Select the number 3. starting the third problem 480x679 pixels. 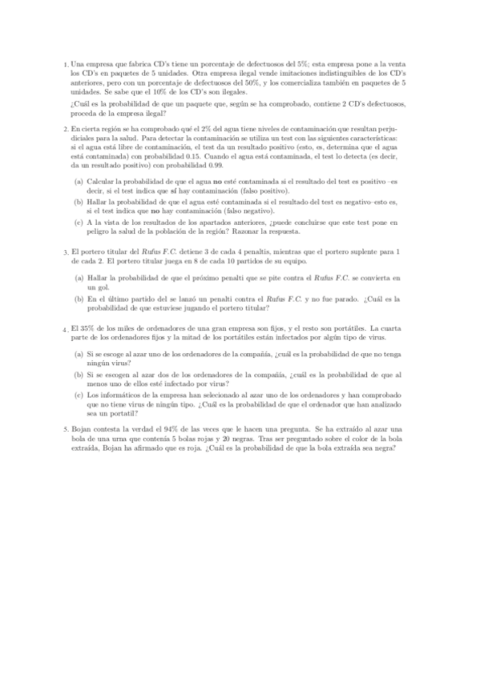[66, 251]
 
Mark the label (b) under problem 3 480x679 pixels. [79, 297]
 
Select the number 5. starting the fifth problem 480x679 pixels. [66, 430]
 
